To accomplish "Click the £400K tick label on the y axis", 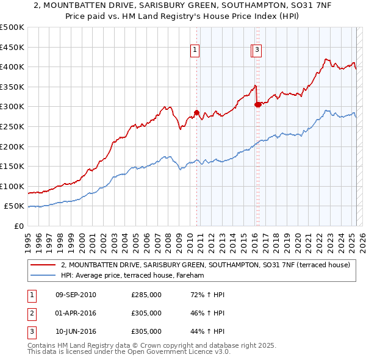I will click(x=12, y=67).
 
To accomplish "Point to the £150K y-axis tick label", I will click(x=12, y=166).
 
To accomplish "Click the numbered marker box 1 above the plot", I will click(x=195, y=51).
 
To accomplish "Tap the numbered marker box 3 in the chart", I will click(x=257, y=51).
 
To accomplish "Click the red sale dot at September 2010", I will click(x=196, y=112).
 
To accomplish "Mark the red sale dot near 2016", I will click(x=257, y=104).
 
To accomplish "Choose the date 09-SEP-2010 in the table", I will click(x=76, y=295).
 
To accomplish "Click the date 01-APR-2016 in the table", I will click(x=76, y=313).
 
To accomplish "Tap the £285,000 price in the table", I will click(x=146, y=295).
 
